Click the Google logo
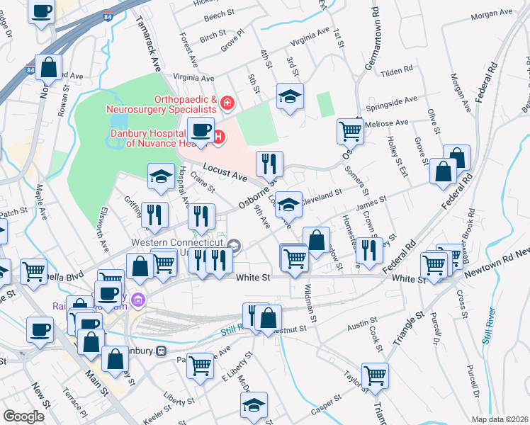pyautogui.click(x=23, y=416)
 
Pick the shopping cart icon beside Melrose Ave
pyautogui.click(x=350, y=130)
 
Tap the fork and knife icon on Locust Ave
pyautogui.click(x=269, y=164)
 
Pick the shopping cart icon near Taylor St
pyautogui.click(x=375, y=375)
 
